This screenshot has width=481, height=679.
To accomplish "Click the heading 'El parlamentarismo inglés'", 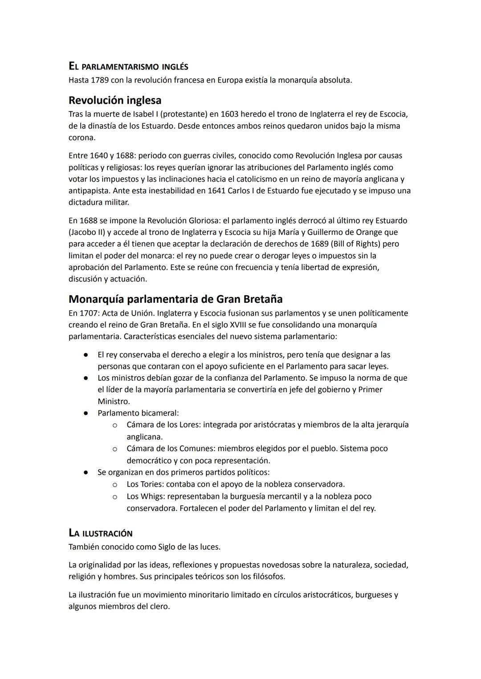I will pos(128,67).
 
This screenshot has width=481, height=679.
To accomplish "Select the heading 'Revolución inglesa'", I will pos(115,100).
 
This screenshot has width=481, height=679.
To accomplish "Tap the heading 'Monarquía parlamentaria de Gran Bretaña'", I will pos(175,299).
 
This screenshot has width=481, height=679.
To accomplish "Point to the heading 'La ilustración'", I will pos(101,533).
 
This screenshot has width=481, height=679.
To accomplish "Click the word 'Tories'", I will pos(151,484).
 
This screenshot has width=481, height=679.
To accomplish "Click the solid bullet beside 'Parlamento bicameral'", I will pos(84,413).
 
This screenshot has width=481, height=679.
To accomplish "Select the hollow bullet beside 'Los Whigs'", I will pos(114,496).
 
